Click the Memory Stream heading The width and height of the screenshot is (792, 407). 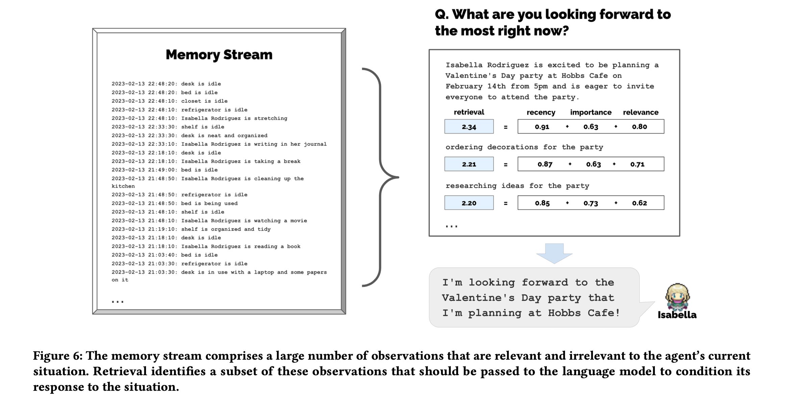tap(219, 55)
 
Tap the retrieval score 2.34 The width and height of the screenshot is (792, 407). tap(469, 127)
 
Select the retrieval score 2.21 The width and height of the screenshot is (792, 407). tap(469, 164)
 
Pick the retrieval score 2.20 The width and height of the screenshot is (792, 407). tap(469, 203)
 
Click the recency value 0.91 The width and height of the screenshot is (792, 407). tap(542, 127)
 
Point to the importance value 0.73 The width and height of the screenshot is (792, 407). tap(591, 203)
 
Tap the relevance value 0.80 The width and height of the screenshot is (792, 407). tap(639, 127)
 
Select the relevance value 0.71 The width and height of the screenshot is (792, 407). tap(637, 164)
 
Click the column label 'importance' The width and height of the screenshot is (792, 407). tap(591, 112)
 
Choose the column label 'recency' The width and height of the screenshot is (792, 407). tap(541, 112)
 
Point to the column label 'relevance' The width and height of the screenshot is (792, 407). tap(641, 112)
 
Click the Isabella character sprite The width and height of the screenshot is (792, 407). tap(677, 297)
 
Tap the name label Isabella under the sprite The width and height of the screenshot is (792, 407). tap(677, 315)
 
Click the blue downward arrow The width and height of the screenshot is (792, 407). tap(554, 253)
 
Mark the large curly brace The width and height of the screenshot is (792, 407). tap(380, 177)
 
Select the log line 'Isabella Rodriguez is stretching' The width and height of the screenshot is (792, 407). tap(199, 118)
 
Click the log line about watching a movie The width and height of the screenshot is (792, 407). tap(209, 221)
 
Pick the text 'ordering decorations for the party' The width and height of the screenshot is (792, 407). tap(524, 147)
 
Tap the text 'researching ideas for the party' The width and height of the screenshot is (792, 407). tap(517, 186)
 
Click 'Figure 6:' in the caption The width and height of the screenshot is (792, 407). tap(57, 356)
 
